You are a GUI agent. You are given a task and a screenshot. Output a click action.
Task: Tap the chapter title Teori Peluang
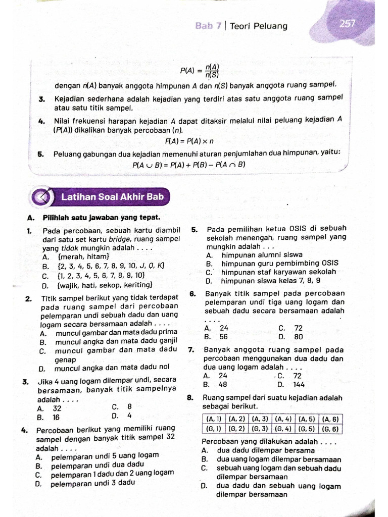pyautogui.click(x=258, y=26)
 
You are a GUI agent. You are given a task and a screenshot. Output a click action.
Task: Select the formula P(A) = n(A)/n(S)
pyautogui.click(x=200, y=71)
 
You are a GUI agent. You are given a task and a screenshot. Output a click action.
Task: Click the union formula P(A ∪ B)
pyautogui.click(x=188, y=165)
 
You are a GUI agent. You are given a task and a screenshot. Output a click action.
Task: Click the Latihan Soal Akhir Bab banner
pyautogui.click(x=112, y=196)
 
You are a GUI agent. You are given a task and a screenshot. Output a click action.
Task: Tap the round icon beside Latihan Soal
pyautogui.click(x=43, y=197)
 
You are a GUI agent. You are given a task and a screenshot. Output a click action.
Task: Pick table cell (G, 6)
pyautogui.click(x=330, y=429)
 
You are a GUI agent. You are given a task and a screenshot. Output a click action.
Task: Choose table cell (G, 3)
pyautogui.click(x=260, y=429)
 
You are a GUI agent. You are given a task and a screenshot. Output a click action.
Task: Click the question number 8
pyautogui.click(x=190, y=397)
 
